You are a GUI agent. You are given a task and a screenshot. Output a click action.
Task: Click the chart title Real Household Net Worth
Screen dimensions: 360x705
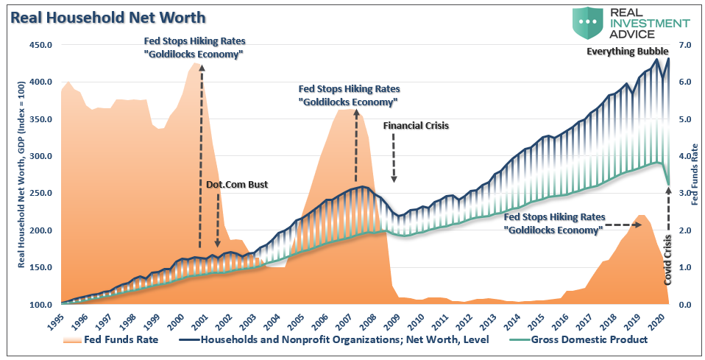[107, 16]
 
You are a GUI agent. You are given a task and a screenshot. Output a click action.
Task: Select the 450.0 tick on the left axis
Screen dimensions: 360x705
[41, 45]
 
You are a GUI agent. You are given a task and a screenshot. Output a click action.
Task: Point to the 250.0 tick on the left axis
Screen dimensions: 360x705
[41, 193]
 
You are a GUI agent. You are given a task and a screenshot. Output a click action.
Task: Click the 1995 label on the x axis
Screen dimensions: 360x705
[62, 321]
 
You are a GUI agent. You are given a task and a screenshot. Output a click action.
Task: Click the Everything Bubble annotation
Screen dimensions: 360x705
[628, 52]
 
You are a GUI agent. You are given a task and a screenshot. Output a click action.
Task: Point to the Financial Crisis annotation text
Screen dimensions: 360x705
[416, 126]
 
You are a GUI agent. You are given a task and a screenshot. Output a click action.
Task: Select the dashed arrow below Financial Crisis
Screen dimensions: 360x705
[394, 158]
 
